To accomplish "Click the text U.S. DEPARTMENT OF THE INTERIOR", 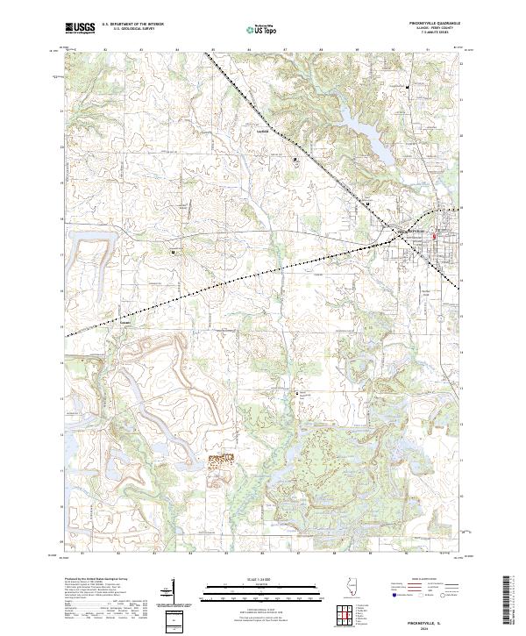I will tap(132, 25).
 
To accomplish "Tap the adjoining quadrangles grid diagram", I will tap(345, 615).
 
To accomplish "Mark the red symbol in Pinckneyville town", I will tap(433, 235).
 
